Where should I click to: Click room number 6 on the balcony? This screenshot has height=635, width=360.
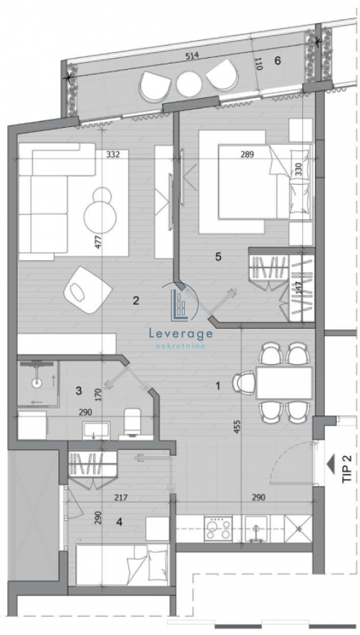click(x=277, y=61)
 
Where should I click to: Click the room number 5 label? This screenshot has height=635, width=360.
click(x=218, y=257)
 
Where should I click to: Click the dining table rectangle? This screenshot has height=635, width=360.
click(x=284, y=382)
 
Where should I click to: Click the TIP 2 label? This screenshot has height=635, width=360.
click(x=346, y=467)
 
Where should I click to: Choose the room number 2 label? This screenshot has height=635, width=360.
click(x=136, y=301)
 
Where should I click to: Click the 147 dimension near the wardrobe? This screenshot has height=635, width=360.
click(x=299, y=288)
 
